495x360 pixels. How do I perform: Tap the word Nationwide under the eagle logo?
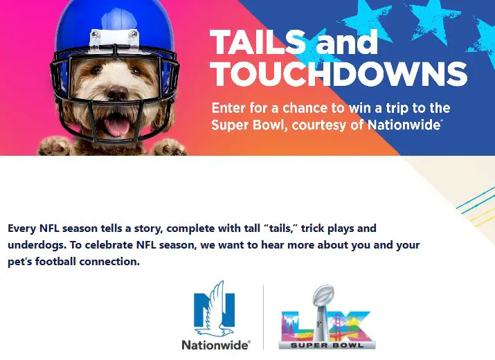(215, 343)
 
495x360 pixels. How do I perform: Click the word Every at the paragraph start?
(21, 228)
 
